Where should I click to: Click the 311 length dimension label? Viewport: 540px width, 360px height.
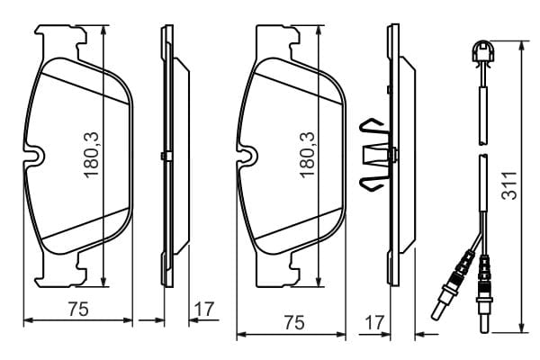click(509, 185)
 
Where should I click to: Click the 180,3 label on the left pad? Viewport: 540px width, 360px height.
click(92, 155)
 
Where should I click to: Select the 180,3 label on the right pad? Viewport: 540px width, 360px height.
click(307, 155)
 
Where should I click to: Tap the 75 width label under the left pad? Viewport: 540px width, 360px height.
click(78, 309)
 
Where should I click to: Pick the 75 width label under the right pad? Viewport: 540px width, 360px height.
click(294, 323)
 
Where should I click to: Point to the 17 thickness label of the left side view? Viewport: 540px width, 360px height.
click(204, 309)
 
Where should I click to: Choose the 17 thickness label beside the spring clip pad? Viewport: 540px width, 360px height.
click(374, 323)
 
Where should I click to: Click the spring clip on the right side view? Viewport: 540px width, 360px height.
click(374, 154)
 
